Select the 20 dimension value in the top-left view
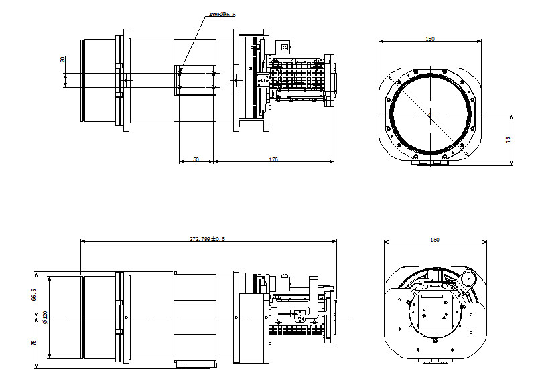pos(63,60)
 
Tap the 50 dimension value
pos(196,159)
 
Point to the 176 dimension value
pos(273,159)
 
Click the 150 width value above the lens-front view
pos(429,39)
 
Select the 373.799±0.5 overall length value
pos(207,239)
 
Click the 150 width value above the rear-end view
pos(434,239)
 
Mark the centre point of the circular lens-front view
pos(429,114)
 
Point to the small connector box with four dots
pos(284,48)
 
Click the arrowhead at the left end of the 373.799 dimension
pos(82,242)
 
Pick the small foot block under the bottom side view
pos(196,364)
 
